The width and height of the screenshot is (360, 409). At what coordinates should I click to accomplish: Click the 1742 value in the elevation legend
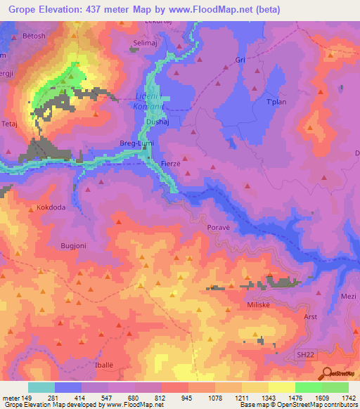pos(348,398)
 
